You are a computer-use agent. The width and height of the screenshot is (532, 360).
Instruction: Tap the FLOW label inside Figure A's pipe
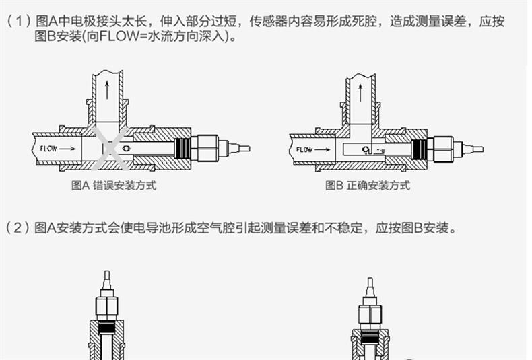pyautogui.click(x=49, y=148)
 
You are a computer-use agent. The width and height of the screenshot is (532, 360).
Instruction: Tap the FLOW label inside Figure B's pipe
pyautogui.click(x=304, y=149)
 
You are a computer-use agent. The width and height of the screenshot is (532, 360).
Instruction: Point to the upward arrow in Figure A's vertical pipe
pyautogui.click(x=106, y=88)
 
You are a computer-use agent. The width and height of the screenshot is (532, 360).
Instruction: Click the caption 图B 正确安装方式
pyautogui.click(x=367, y=186)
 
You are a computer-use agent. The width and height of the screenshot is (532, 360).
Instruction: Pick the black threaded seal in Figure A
pyautogui.click(x=182, y=147)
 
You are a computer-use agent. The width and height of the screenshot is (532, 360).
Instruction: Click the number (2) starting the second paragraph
pyautogui.click(x=18, y=228)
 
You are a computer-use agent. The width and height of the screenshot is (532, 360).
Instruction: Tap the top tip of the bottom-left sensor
pyautogui.click(x=105, y=275)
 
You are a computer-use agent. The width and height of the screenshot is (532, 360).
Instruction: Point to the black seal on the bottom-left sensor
pyautogui.click(x=105, y=328)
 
